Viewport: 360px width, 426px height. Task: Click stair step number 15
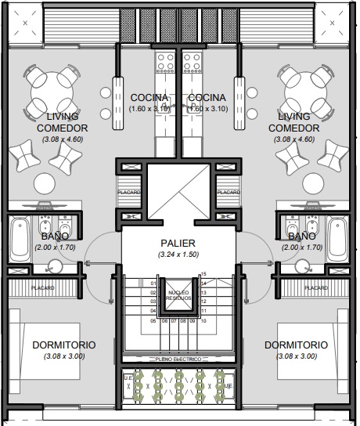click(x=203, y=273)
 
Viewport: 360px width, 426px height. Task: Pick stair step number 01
click(x=153, y=283)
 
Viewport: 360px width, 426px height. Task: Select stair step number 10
click(x=203, y=319)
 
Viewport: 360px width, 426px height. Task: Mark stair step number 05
click(x=153, y=319)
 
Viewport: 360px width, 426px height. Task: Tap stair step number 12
click(x=203, y=301)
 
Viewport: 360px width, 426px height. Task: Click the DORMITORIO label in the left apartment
click(x=64, y=345)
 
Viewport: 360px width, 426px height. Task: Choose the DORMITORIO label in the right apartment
click(x=296, y=345)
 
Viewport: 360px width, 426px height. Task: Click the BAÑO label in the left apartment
click(x=53, y=236)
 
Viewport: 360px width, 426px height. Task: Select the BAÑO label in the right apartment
click(x=301, y=236)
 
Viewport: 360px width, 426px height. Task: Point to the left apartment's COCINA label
click(x=149, y=97)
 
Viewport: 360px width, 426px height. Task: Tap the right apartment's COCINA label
click(x=207, y=97)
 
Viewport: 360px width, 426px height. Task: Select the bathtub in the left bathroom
click(x=19, y=238)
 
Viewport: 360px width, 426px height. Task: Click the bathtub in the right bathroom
click(x=339, y=238)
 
